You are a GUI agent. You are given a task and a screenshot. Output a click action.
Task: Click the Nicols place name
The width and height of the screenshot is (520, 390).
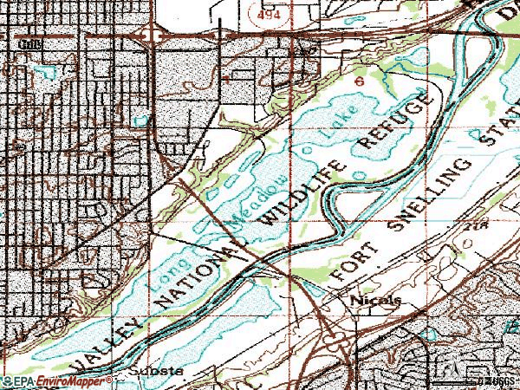[376, 301]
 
